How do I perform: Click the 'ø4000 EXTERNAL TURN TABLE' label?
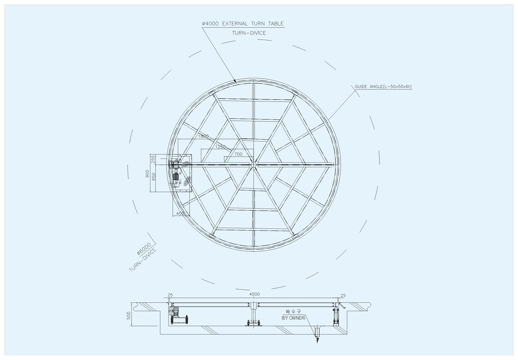tap(243, 24)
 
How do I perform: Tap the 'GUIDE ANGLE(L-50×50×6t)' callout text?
tap(383, 87)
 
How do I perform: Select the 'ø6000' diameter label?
tap(144, 249)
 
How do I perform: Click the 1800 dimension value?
tap(203, 136)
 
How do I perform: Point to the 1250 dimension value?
tap(220, 147)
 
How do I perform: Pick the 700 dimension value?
tap(238, 154)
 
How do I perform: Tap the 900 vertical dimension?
tap(148, 174)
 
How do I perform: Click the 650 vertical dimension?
tap(153, 177)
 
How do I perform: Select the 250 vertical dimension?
tap(153, 159)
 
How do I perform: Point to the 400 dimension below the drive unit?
tap(180, 214)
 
